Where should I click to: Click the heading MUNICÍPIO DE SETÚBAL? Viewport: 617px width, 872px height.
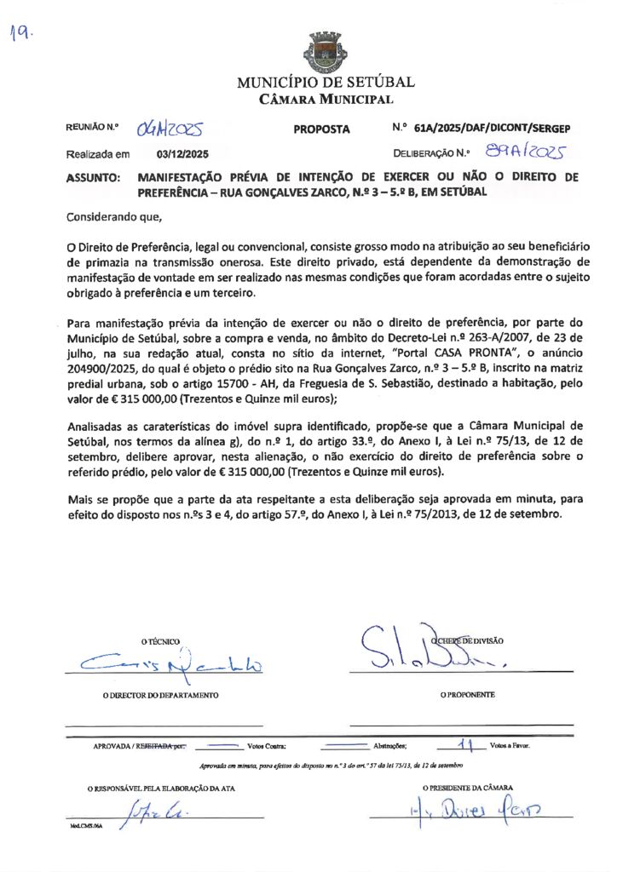(x=326, y=83)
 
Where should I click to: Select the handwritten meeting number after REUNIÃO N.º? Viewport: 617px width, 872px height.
(x=170, y=129)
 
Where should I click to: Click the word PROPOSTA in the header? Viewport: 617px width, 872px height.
(x=321, y=129)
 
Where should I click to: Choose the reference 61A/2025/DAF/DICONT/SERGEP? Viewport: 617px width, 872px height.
(x=492, y=129)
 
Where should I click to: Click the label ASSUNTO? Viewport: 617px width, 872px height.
(x=93, y=178)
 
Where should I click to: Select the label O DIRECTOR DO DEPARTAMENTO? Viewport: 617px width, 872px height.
(x=160, y=695)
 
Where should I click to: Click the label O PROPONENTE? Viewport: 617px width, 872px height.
(x=467, y=695)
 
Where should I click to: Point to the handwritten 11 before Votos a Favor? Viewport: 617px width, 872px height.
(x=464, y=743)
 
